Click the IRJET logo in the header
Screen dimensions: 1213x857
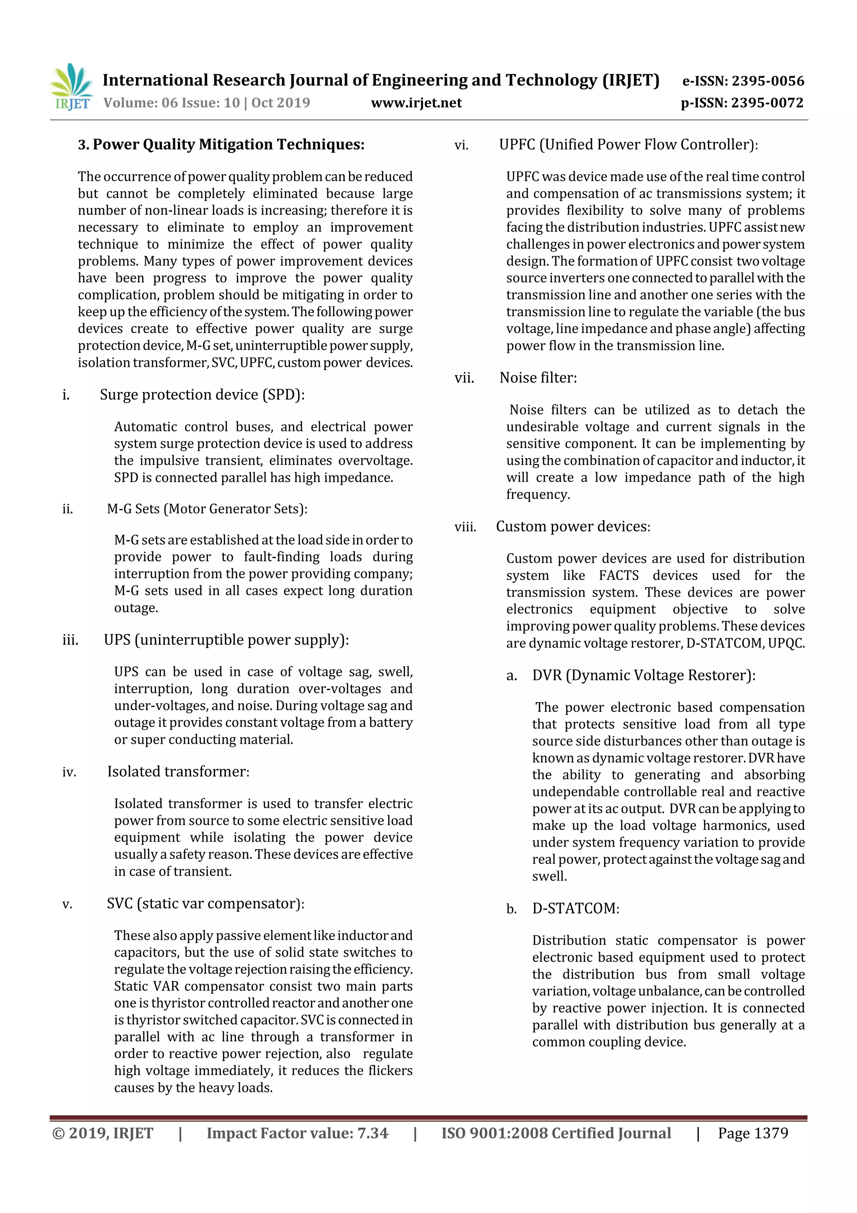click(71, 87)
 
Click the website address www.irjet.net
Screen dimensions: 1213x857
click(416, 103)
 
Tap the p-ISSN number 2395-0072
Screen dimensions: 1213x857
click(767, 103)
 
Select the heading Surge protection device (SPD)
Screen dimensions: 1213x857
click(202, 395)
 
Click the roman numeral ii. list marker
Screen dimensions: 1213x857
click(68, 509)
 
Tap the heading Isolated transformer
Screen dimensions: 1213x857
click(178, 772)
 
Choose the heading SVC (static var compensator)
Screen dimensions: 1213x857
click(205, 904)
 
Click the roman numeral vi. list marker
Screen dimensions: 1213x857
click(462, 145)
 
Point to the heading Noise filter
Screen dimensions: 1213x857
click(538, 378)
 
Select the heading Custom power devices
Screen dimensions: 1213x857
click(573, 527)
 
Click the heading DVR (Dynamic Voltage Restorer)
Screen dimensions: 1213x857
click(643, 675)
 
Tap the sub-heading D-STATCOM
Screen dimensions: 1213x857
click(575, 908)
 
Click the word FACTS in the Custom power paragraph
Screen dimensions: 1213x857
click(618, 575)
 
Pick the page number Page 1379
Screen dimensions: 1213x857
click(752, 1133)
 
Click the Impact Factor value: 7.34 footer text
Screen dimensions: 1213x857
click(297, 1133)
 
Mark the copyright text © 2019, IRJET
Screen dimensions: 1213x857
click(103, 1133)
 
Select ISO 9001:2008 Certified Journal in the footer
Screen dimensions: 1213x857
click(556, 1133)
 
